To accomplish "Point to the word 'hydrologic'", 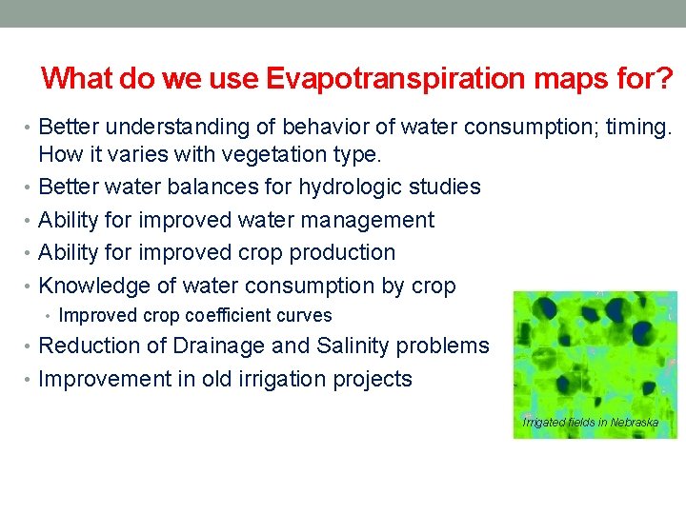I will coord(352,187).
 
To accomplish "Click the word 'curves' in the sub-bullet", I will coord(303,315).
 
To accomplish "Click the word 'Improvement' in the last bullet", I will coord(105,379).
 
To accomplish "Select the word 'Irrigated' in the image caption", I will coord(544,422).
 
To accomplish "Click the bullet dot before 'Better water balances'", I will coord(30,188).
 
